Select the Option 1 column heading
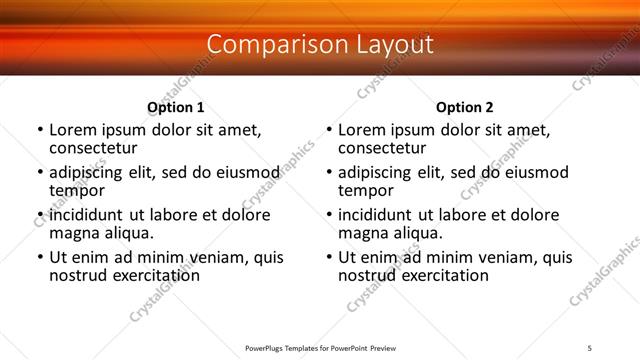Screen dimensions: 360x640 tap(176, 107)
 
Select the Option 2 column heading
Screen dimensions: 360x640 tap(465, 107)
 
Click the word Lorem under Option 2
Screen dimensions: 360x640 tap(361, 130)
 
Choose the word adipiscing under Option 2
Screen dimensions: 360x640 tap(380, 172)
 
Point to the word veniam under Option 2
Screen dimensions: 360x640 tap(508, 257)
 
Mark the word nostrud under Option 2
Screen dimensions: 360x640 tap(366, 274)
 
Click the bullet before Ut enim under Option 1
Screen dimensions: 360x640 tap(39, 257)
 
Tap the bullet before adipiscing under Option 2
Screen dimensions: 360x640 tap(328, 172)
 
